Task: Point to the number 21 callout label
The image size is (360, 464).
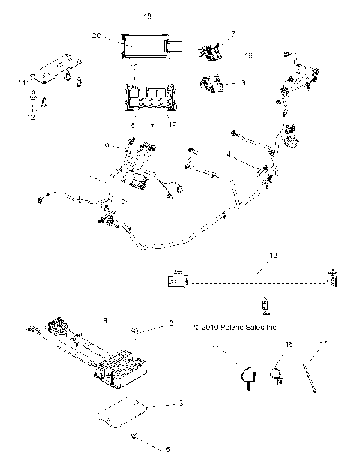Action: click(x=103, y=202)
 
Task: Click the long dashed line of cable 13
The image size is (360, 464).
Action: click(x=255, y=283)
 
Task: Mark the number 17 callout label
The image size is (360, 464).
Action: click(x=324, y=345)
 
